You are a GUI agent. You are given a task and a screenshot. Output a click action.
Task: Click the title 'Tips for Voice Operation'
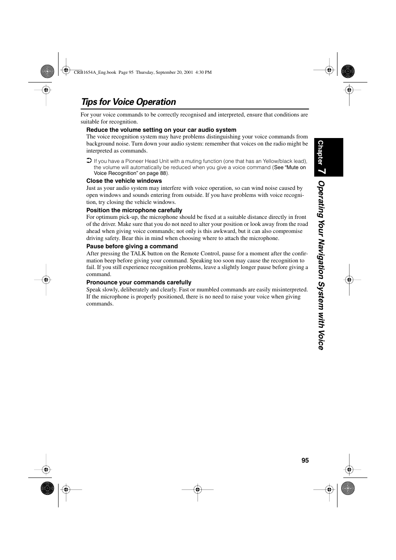point(129,102)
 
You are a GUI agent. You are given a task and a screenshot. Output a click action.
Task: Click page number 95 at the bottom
point(305,461)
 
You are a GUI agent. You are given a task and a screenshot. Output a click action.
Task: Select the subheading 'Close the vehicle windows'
point(124,181)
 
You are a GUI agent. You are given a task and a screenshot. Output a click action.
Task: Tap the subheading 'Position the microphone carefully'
point(134,210)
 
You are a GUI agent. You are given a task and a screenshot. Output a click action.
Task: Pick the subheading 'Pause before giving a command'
point(132,246)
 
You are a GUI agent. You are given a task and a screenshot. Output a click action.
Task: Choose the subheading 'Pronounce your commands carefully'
point(139,282)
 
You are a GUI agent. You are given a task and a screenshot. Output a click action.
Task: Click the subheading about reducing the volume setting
point(161,130)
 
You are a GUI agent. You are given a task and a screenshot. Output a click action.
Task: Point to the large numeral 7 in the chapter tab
point(323,171)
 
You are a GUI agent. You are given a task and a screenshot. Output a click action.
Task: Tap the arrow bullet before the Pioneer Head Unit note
point(89,160)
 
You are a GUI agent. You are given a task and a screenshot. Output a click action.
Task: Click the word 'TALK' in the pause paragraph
point(138,253)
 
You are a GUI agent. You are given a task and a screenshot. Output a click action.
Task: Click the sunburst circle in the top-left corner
point(47,72)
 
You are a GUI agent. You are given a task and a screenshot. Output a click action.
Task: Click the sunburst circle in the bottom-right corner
point(348,489)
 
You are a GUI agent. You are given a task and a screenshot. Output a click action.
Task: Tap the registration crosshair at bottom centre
point(198,490)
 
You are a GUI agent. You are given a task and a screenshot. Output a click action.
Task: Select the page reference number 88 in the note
point(163,173)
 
